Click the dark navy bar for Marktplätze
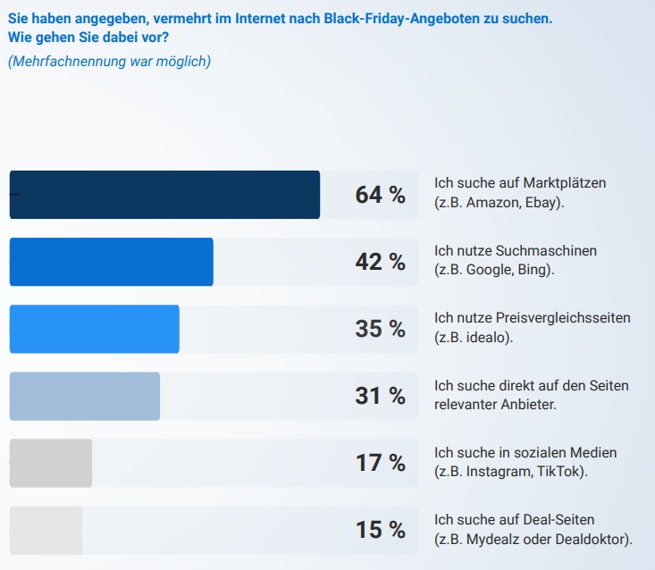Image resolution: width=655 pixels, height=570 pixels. [164, 195]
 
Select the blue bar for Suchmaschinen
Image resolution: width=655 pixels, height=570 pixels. [111, 262]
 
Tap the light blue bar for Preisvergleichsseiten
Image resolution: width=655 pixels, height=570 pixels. [94, 329]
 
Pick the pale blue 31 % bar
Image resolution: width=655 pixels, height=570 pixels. [84, 396]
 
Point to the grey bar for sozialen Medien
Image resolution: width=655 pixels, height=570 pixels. [50, 463]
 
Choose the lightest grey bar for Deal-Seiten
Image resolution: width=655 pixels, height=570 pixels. [46, 530]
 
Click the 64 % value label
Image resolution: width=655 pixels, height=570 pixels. [380, 195]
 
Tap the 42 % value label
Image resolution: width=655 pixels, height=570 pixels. [380, 262]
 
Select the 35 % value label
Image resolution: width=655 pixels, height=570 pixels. [380, 329]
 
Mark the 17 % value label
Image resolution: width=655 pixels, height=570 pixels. [380, 463]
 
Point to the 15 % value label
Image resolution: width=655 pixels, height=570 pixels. [380, 530]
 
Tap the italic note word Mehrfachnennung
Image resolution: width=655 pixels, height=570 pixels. [63, 62]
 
